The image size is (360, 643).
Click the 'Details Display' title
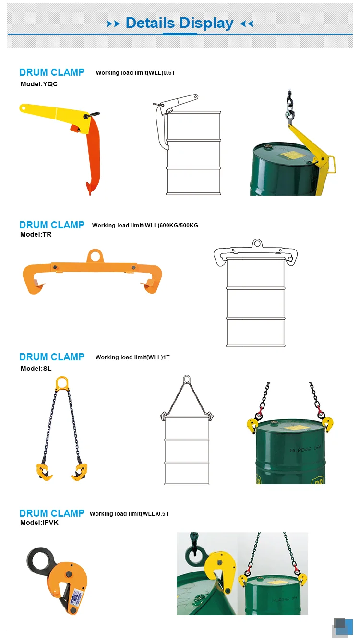[x=180, y=23]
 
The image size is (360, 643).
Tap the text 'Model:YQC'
[x=39, y=84]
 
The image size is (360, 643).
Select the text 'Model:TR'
[x=36, y=235]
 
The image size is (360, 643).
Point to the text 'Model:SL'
[x=36, y=369]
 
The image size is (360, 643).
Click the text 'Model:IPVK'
[x=39, y=523]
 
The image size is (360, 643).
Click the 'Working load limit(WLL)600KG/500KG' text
[x=145, y=225]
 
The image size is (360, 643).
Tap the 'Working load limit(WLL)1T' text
[x=132, y=357]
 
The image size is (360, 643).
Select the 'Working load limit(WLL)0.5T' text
[x=129, y=514]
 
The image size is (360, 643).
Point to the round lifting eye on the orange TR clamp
[x=95, y=255]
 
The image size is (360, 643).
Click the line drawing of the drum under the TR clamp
[x=255, y=302]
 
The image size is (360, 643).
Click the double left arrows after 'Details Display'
[x=247, y=24]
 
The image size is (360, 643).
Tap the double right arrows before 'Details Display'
[x=113, y=24]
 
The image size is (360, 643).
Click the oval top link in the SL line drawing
[x=186, y=381]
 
